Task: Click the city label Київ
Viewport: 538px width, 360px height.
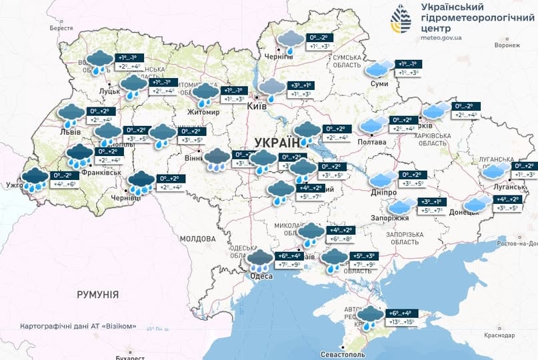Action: tap(257, 106)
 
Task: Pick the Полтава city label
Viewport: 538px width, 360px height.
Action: tap(372, 142)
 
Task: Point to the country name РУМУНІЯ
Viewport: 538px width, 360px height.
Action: tap(97, 294)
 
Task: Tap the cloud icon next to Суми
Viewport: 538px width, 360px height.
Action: tap(379, 69)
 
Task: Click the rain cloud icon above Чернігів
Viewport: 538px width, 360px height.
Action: tap(290, 41)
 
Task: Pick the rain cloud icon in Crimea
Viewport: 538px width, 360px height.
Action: tap(370, 317)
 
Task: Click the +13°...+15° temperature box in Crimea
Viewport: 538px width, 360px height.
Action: tap(401, 323)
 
